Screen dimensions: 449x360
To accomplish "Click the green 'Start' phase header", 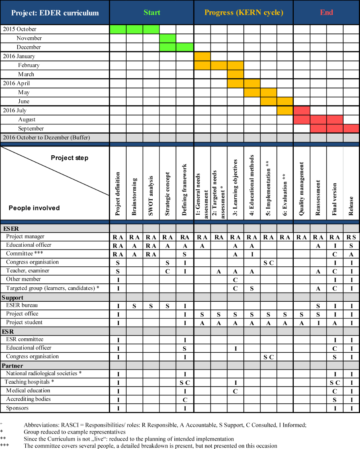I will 151,12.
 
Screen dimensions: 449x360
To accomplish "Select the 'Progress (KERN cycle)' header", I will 243,12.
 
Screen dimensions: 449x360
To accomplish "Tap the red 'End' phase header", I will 326,12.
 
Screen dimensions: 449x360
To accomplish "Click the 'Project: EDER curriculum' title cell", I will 55,13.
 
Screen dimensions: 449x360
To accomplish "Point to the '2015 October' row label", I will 20,29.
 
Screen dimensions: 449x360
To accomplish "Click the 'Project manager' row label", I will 25,237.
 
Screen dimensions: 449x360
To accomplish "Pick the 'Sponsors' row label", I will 17,408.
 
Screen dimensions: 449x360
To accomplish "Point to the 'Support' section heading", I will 12,298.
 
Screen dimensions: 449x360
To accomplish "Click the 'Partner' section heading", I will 12,366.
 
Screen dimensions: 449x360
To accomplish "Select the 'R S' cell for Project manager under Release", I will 351,237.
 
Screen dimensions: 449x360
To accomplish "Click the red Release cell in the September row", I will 351,128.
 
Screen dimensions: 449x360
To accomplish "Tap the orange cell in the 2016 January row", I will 202,57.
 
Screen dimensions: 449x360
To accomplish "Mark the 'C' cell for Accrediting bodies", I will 185,400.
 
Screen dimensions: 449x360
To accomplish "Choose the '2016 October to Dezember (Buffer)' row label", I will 47,138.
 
